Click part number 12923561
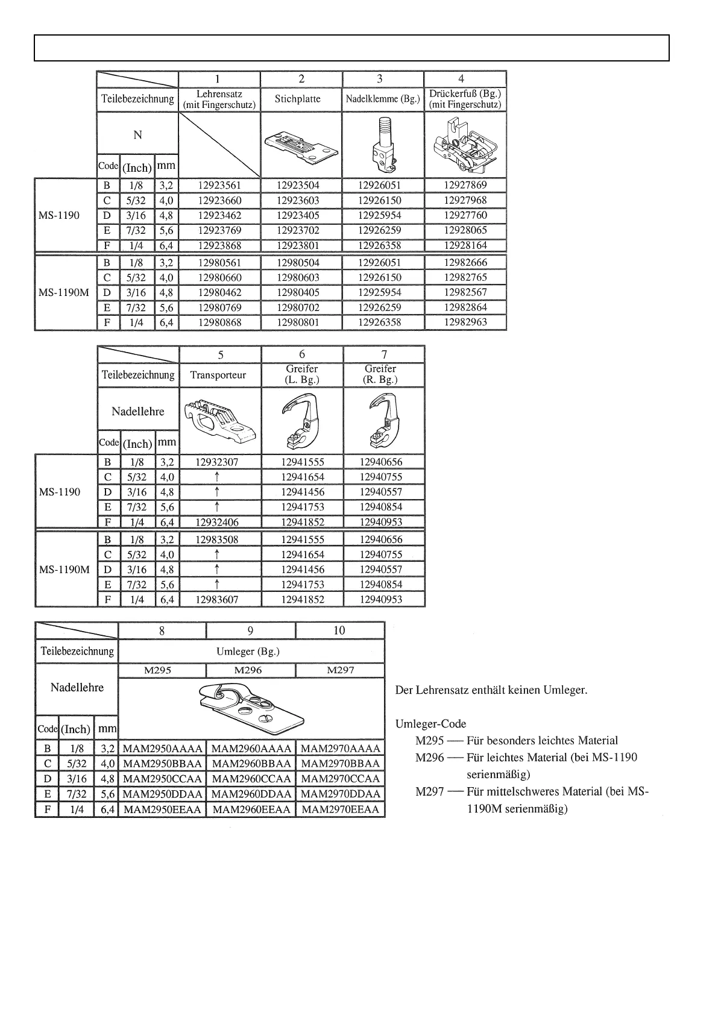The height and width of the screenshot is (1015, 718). (219, 186)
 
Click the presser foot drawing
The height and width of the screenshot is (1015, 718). (465, 145)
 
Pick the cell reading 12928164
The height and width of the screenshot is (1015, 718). (465, 245)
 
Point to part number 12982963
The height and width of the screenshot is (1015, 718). (465, 322)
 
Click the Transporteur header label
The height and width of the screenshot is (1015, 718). (218, 375)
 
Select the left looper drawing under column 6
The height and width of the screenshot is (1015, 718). (301, 420)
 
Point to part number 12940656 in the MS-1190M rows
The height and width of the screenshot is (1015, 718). (381, 539)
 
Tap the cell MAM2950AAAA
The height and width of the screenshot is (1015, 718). (162, 749)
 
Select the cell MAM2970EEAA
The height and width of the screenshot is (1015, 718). (341, 809)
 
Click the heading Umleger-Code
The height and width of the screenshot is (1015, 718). (430, 724)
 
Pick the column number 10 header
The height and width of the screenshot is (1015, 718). (339, 630)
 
